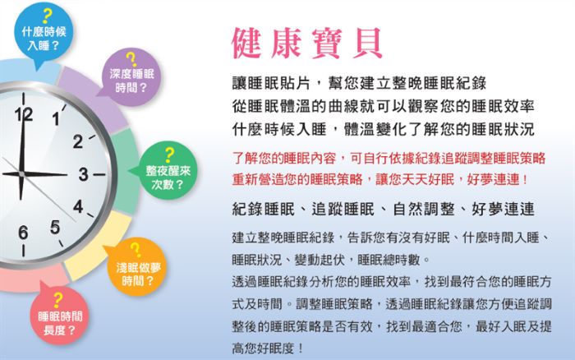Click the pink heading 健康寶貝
[x=307, y=44]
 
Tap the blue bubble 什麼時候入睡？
[x=44, y=32]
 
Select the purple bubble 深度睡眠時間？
[x=130, y=77]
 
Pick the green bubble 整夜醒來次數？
[x=168, y=171]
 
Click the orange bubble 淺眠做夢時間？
[x=137, y=267]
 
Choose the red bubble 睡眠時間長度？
[x=59, y=316]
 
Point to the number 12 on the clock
[x=24, y=115]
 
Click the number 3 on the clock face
[x=83, y=174]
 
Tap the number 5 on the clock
[x=55, y=227]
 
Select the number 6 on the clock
[x=23, y=233]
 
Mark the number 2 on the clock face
[x=77, y=141]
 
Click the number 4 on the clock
[x=78, y=206]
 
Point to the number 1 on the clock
[x=55, y=119]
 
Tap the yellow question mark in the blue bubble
[x=47, y=16]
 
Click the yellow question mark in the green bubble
[x=169, y=155]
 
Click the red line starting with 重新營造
[x=379, y=179]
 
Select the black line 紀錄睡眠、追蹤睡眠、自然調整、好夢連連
[x=384, y=209]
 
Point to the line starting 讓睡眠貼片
[x=360, y=83]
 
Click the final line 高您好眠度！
[x=268, y=348]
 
